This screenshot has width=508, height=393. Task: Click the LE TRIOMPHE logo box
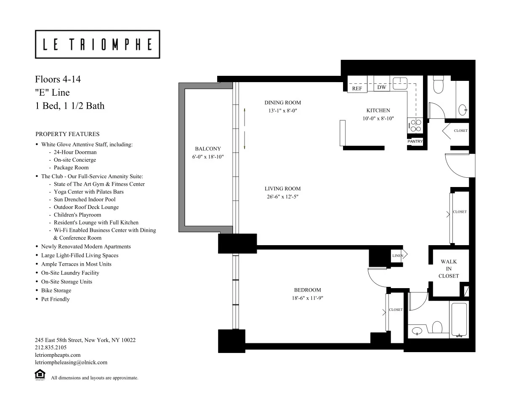(97, 44)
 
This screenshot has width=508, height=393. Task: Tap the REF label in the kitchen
(357, 88)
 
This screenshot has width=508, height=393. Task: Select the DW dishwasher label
(382, 87)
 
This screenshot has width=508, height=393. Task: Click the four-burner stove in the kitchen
(415, 125)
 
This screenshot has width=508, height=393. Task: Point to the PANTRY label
(415, 142)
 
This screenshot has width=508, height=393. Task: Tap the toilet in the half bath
(439, 85)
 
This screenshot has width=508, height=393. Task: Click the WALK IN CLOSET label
(449, 269)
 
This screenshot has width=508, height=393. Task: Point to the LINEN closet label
(397, 256)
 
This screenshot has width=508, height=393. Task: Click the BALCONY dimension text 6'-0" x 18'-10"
(207, 157)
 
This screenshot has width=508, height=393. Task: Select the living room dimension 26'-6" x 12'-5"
(282, 196)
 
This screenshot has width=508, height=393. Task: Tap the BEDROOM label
(307, 290)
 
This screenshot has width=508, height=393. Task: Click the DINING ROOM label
(282, 102)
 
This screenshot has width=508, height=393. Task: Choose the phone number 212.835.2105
(50, 348)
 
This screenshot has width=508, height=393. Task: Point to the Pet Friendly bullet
(55, 299)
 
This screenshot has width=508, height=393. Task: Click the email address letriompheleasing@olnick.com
(71, 362)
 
